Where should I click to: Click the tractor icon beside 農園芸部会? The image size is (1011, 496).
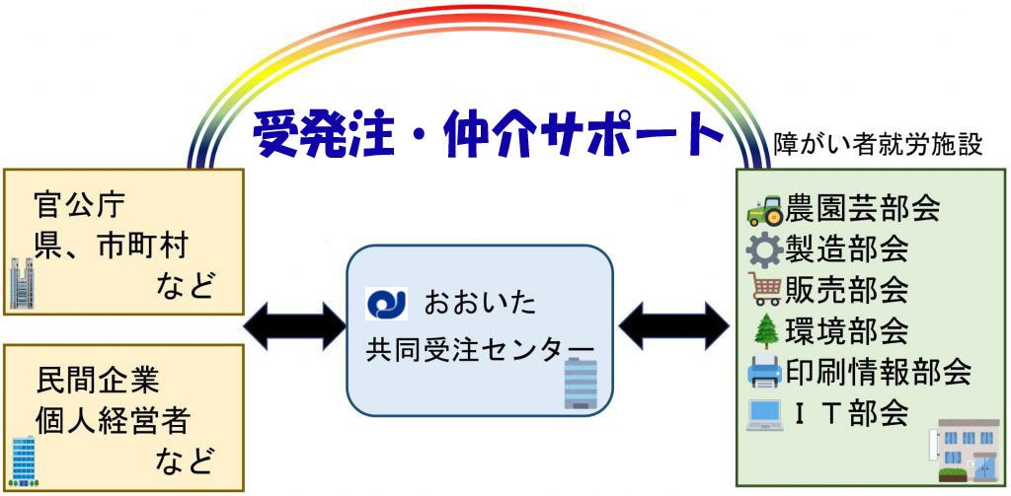click(765, 210)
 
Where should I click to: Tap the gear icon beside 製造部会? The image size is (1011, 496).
click(764, 249)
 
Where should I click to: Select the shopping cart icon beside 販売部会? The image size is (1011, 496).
click(765, 289)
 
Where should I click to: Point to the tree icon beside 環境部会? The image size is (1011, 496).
click(765, 331)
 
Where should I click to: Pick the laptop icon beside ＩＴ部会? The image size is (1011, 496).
click(765, 413)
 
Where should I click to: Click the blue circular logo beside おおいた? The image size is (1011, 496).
click(385, 303)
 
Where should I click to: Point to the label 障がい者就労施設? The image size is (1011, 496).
click(877, 145)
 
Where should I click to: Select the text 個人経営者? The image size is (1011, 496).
click(112, 421)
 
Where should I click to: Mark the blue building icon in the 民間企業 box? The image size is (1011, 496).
click(23, 460)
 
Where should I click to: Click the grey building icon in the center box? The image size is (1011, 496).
click(581, 383)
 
